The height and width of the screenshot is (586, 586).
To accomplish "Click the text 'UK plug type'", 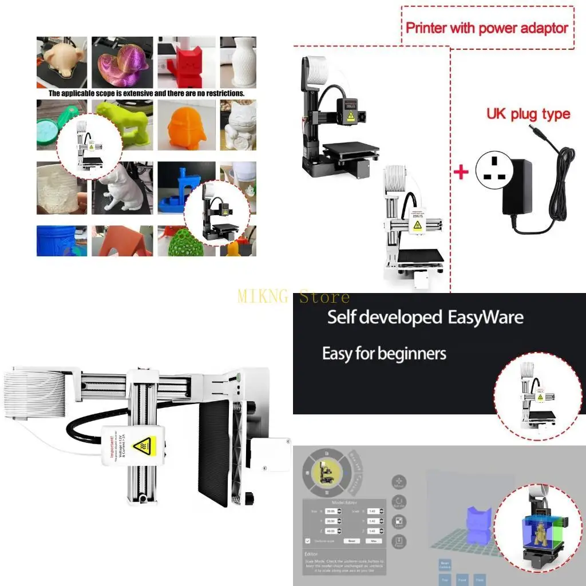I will pyautogui.click(x=528, y=113).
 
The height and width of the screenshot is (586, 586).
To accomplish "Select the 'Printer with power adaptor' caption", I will pyautogui.click(x=487, y=27).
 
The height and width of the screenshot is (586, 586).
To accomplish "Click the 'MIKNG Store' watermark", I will pyautogui.click(x=293, y=297).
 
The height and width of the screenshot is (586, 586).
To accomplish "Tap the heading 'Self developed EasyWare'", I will pyautogui.click(x=425, y=317).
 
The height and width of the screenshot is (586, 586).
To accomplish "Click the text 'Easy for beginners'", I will pyautogui.click(x=384, y=354).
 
